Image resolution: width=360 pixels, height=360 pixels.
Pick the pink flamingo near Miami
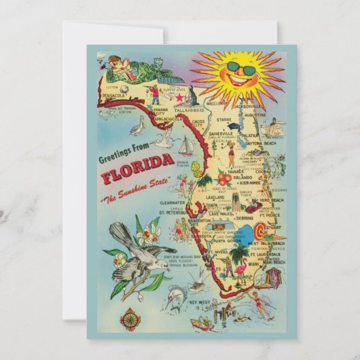tap(240, 272)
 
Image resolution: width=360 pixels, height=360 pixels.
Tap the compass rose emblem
tap(130, 318)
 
